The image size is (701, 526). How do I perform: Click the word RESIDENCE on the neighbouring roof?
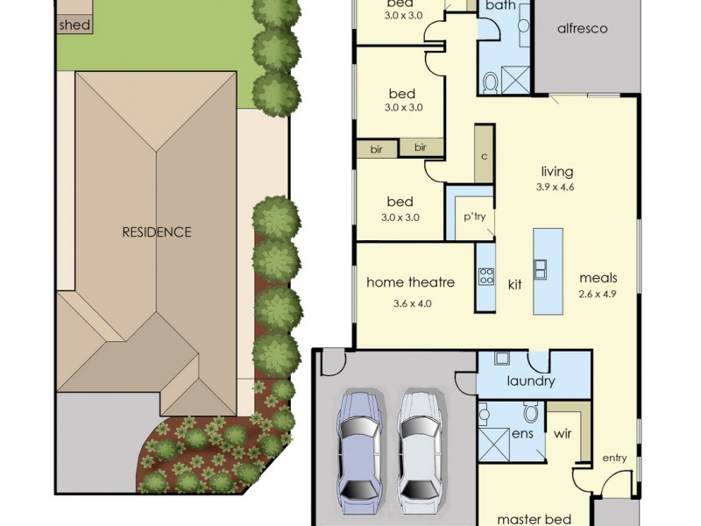[x=156, y=232]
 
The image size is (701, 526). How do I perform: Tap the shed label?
[x=74, y=25]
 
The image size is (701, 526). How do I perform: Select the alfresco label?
[x=582, y=28]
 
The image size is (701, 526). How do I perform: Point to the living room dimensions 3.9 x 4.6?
[x=556, y=187]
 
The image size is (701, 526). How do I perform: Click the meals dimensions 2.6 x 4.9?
[x=598, y=294]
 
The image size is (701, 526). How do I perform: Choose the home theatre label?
[x=410, y=282]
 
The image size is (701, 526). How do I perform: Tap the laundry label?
[x=530, y=381]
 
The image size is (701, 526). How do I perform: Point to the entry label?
[x=615, y=458]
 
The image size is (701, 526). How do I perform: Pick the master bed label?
[x=535, y=519]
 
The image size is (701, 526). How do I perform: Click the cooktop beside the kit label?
[x=485, y=277]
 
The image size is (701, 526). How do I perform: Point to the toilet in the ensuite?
[x=530, y=411]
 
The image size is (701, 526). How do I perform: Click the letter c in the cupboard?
[x=484, y=158]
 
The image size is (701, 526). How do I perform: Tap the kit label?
[x=515, y=284]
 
